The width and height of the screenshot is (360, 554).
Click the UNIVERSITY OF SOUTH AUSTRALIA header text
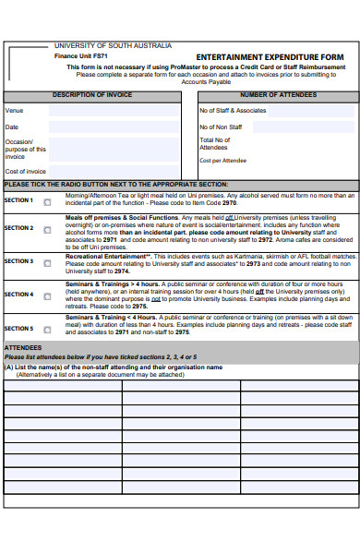click(x=113, y=45)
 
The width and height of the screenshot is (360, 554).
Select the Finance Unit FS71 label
click(x=81, y=56)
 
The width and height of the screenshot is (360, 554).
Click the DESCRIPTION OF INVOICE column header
click(x=92, y=95)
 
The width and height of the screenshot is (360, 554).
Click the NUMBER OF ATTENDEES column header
click(x=278, y=95)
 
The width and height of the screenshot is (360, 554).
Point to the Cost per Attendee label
click(x=222, y=161)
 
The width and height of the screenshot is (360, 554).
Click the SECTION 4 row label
click(x=18, y=295)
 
